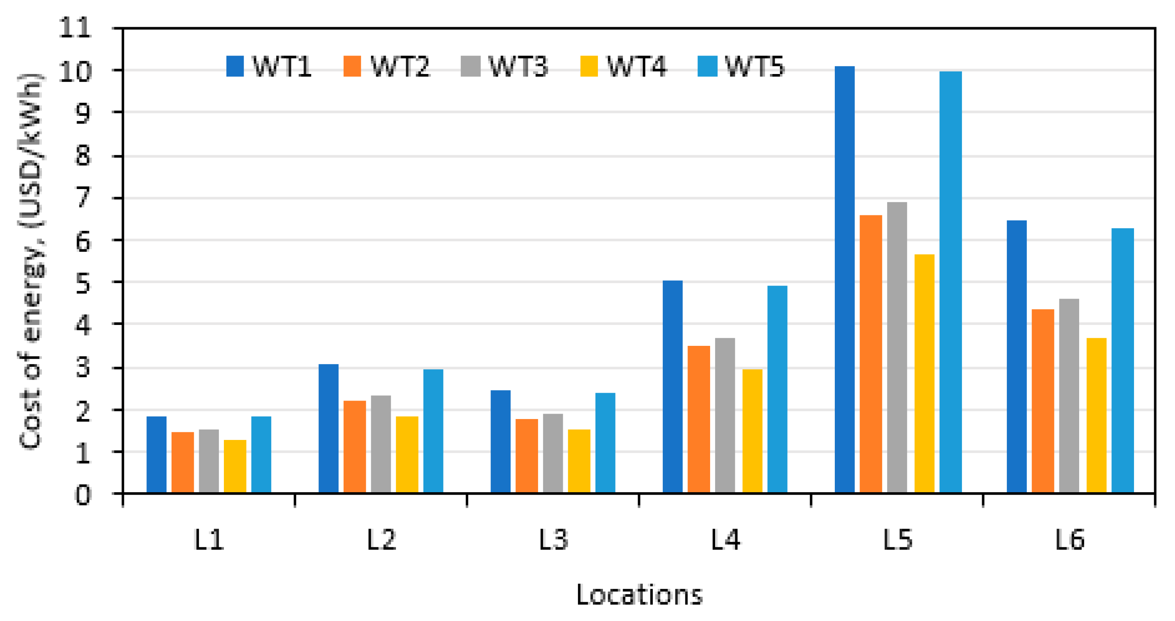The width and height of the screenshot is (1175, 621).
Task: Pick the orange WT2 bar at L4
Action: pyautogui.click(x=698, y=419)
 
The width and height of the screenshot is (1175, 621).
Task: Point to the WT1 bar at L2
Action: pyautogui.click(x=328, y=428)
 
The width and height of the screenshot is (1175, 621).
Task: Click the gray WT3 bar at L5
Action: pyautogui.click(x=897, y=348)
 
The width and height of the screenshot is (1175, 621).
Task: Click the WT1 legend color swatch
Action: pyautogui.click(x=235, y=66)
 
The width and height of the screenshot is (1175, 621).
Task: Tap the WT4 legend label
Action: pyautogui.click(x=636, y=66)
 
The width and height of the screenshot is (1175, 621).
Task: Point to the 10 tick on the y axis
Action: pyautogui.click(x=75, y=71)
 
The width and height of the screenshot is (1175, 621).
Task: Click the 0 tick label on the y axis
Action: pyautogui.click(x=83, y=494)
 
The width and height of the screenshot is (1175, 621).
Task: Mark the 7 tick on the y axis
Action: pyautogui.click(x=83, y=198)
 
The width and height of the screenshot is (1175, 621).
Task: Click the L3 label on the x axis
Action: pyautogui.click(x=553, y=540)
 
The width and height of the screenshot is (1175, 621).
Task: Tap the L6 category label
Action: pyautogui.click(x=1069, y=540)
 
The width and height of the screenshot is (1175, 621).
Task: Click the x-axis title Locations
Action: pyautogui.click(x=639, y=595)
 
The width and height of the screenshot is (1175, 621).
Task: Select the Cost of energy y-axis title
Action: pyautogui.click(x=31, y=261)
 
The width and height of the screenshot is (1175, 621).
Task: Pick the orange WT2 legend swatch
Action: pyautogui.click(x=352, y=66)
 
